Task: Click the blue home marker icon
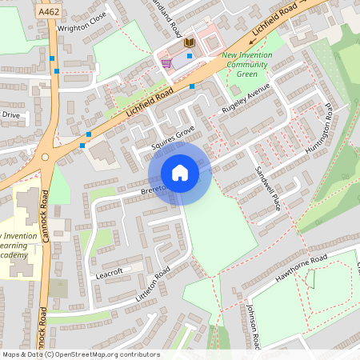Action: pos(180,173)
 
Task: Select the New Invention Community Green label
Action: pos(246,65)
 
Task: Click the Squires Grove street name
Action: pos(172,138)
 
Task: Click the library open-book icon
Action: pos(189,42)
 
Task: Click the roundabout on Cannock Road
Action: pos(46,158)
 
